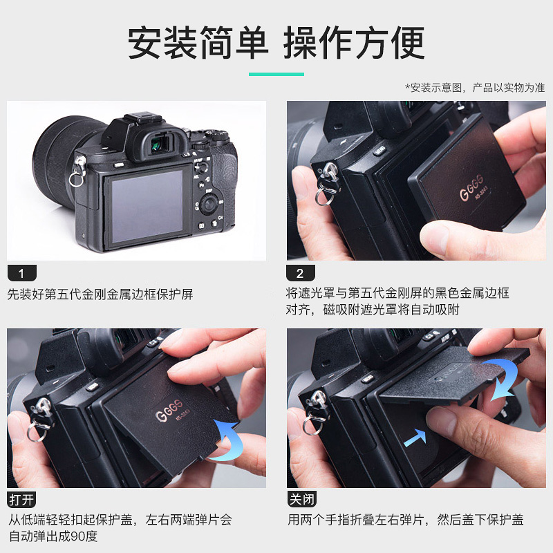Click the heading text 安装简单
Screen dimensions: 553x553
pyautogui.click(x=198, y=43)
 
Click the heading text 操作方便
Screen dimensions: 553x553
pyautogui.click(x=355, y=43)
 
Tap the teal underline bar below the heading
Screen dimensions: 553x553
pyautogui.click(x=276, y=74)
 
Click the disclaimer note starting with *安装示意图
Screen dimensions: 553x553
pyautogui.click(x=474, y=88)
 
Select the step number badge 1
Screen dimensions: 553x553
pyautogui.click(x=21, y=272)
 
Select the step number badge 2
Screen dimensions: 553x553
pyautogui.click(x=300, y=272)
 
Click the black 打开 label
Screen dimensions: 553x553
pyautogui.click(x=21, y=499)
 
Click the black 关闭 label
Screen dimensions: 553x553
pyautogui.click(x=300, y=499)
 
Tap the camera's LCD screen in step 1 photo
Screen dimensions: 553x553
pyautogui.click(x=147, y=206)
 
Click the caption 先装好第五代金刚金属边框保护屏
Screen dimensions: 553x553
pyautogui.click(x=100, y=294)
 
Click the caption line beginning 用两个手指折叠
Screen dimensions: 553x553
pyautogui.click(x=405, y=520)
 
